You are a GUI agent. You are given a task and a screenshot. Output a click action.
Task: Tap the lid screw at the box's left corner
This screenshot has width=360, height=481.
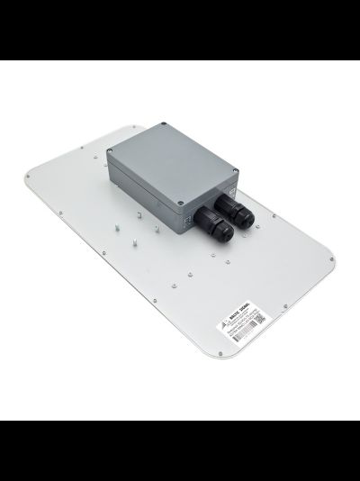112,151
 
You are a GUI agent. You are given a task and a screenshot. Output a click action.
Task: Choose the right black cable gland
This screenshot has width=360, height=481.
240,216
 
